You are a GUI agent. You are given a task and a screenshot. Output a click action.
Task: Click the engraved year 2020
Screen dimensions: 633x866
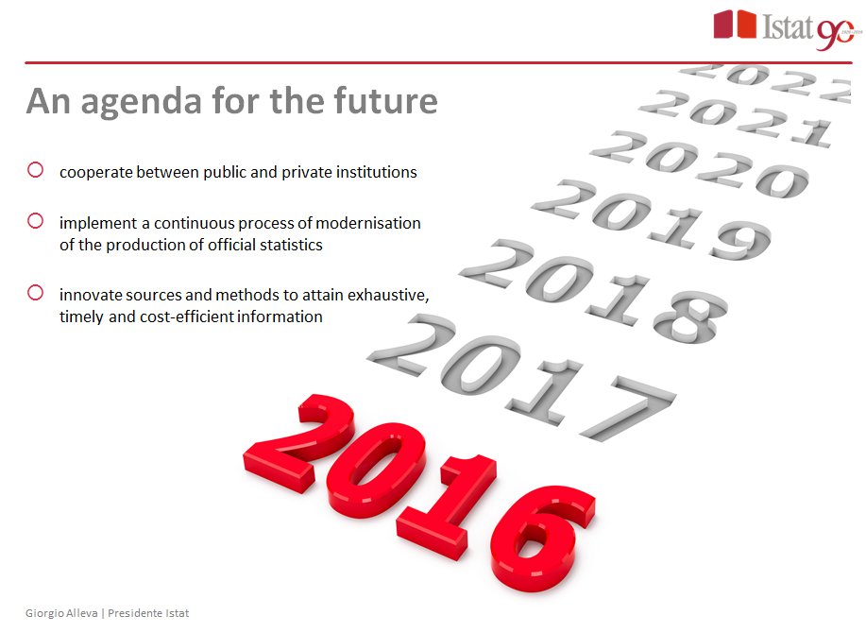[699, 163]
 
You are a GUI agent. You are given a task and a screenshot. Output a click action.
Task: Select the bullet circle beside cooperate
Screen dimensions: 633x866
[36, 171]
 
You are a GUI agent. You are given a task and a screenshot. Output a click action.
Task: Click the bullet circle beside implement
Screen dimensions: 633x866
[36, 221]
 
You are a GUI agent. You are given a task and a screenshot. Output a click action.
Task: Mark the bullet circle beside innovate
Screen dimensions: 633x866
[36, 293]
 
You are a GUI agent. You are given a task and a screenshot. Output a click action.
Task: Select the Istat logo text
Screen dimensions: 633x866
[787, 27]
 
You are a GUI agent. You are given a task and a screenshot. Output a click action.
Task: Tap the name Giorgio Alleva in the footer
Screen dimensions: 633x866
[62, 613]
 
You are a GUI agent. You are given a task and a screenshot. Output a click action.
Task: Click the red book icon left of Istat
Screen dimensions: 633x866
[735, 25]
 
